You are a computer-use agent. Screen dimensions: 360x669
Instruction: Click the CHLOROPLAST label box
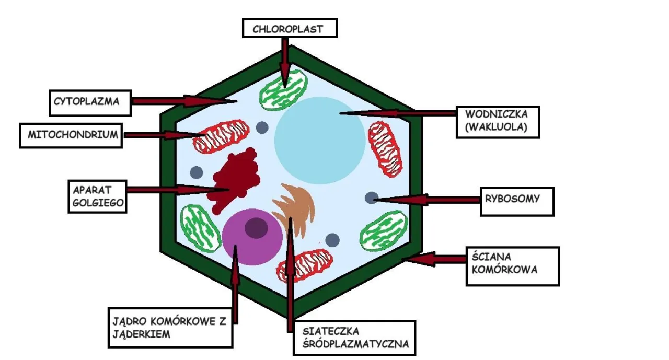(x=290, y=28)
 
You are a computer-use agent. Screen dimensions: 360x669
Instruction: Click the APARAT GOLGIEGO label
(x=98, y=196)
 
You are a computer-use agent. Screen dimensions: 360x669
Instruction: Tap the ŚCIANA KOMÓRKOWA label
(x=512, y=266)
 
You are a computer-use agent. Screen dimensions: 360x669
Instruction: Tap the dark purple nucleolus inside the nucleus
(x=256, y=227)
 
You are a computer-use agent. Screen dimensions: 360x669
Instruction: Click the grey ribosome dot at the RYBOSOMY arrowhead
(x=371, y=198)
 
